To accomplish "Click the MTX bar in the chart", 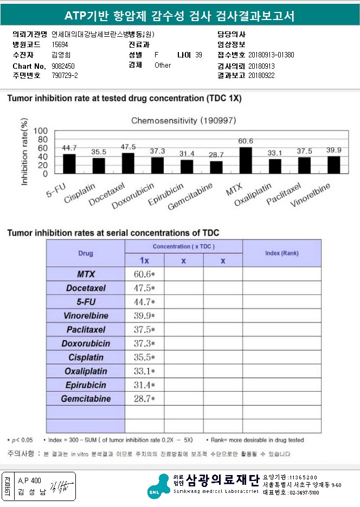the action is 246,160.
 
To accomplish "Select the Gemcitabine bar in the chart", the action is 216,167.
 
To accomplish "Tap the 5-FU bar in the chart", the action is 69,164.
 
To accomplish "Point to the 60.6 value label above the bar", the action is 246,141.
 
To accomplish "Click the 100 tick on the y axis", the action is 41,131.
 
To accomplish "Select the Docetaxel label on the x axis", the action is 107,194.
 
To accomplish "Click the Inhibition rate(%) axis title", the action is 24,152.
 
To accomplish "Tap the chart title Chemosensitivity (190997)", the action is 184,121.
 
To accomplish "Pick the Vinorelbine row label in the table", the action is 86,316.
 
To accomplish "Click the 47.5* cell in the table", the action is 144,288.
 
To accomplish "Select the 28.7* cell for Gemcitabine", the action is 144,399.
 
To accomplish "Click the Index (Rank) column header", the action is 281,253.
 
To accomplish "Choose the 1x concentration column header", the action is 144,261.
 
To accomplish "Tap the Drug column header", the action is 86,253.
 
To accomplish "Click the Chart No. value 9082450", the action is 63,66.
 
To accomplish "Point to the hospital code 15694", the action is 60,44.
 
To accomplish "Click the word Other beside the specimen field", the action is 163,65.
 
